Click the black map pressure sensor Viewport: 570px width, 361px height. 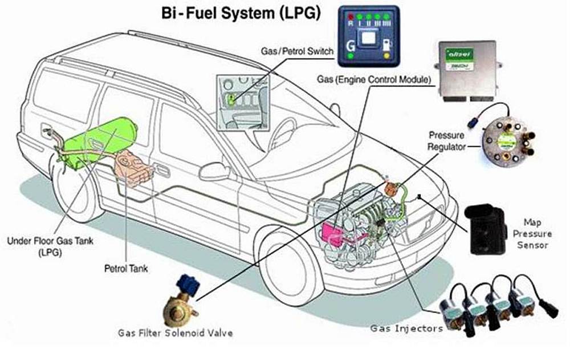pos(485,229)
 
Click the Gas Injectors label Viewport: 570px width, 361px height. pos(398,328)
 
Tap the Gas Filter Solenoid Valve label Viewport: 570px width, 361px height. pos(176,332)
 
